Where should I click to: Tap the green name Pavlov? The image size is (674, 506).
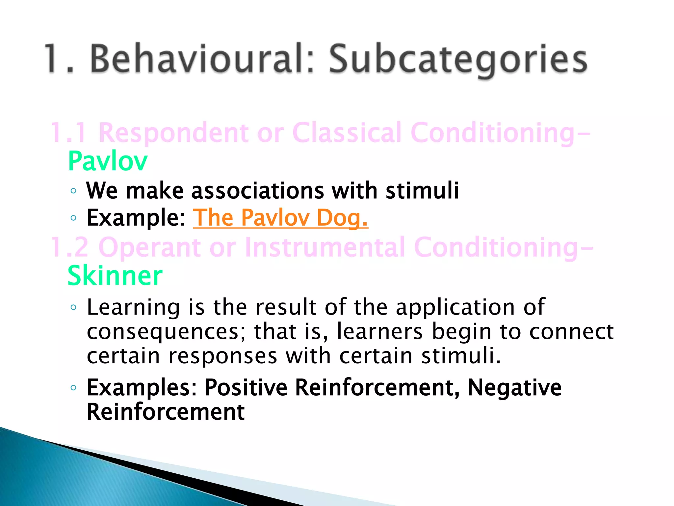tap(108, 161)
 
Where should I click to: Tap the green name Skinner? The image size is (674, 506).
tap(115, 276)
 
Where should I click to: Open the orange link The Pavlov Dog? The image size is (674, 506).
tap(280, 218)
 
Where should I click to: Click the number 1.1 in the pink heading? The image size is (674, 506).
tap(69, 133)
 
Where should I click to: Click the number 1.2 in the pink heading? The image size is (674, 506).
tap(69, 247)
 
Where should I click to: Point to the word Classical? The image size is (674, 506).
tap(347, 133)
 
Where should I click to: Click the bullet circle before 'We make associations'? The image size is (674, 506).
tap(73, 191)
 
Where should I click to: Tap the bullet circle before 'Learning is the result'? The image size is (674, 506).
tap(73, 307)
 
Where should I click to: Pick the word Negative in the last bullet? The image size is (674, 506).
tap(514, 387)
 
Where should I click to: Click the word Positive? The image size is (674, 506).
tap(246, 387)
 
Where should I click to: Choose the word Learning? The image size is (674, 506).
tap(133, 307)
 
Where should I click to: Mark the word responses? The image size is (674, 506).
tap(223, 356)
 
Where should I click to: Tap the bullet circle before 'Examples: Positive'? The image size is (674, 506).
tap(73, 388)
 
